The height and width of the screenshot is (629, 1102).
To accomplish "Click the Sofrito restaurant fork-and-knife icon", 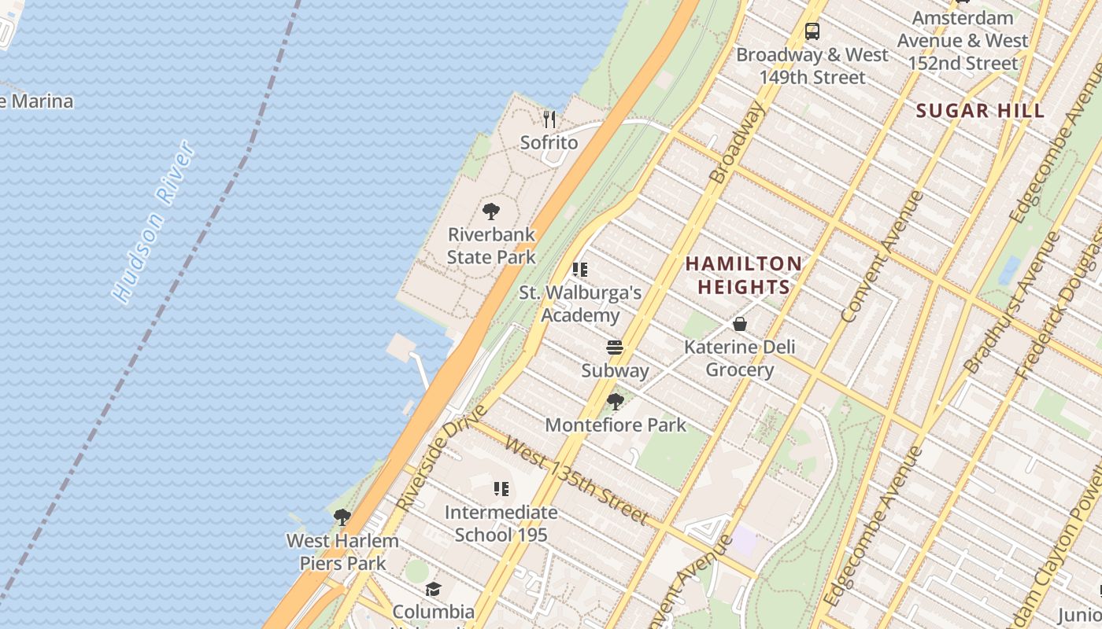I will click(549, 120).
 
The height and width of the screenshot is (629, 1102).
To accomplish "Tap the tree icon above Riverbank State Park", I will click(491, 211).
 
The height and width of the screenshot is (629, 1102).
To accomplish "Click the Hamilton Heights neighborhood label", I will click(743, 275).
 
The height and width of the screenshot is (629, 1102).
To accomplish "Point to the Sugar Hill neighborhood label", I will click(980, 111).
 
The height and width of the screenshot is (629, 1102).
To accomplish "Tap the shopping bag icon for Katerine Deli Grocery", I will click(740, 324).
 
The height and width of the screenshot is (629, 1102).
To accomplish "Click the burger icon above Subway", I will click(615, 348).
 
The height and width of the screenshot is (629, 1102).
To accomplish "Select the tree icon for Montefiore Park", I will click(616, 402).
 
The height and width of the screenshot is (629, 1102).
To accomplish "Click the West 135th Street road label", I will click(576, 481).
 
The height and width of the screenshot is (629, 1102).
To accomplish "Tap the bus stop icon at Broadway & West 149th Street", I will click(812, 31).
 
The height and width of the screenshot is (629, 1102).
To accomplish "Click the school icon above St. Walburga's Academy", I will click(580, 270).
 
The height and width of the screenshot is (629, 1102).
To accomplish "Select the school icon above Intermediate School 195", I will click(501, 489).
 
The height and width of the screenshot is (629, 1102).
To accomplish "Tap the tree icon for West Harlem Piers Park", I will click(342, 517).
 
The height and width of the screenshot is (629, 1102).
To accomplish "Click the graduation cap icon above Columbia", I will click(433, 589).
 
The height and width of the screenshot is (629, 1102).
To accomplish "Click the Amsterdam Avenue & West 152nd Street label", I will click(962, 40).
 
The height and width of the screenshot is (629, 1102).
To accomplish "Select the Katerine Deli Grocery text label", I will click(739, 359).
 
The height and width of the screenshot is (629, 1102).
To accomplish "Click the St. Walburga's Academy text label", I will click(580, 303).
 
